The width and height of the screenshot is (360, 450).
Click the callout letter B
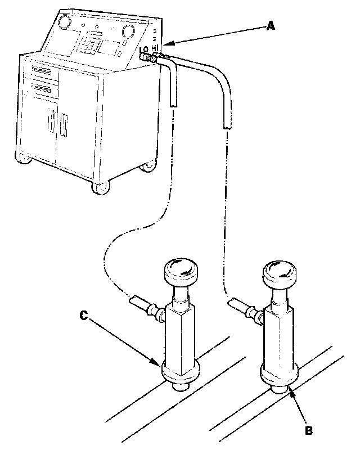point(308,430)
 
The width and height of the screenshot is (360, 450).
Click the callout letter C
point(83,316)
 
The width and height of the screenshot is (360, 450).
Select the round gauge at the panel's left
point(63,22)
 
